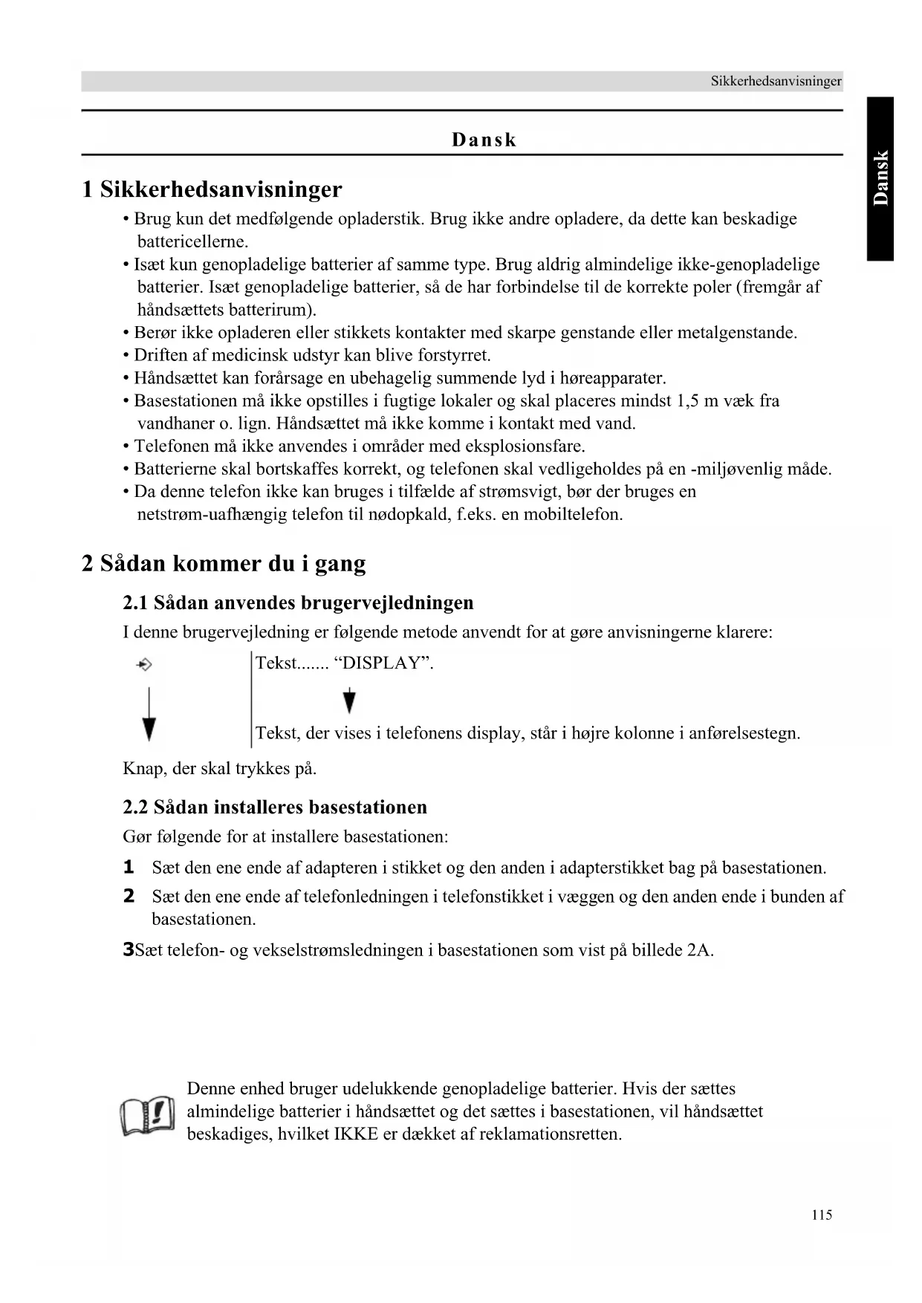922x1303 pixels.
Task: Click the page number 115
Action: [821, 1215]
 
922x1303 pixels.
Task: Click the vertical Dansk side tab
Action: [880, 178]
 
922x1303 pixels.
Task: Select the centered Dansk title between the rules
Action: [484, 140]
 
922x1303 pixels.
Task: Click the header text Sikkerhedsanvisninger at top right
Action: [776, 81]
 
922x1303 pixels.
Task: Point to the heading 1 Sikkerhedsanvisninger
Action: [212, 189]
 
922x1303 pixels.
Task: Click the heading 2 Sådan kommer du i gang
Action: [224, 563]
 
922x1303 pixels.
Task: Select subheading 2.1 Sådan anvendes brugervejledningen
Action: [298, 602]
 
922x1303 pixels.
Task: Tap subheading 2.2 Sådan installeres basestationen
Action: [275, 808]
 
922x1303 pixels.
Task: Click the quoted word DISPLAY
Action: [383, 663]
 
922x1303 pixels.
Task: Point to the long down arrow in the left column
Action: [149, 715]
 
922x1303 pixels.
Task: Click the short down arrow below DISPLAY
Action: [349, 701]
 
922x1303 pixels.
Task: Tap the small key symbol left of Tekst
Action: [144, 664]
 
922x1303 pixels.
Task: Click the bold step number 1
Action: [129, 867]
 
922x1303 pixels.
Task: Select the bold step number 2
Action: [129, 896]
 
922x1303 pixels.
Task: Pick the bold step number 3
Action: [128, 949]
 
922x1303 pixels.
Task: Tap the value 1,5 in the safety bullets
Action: [687, 401]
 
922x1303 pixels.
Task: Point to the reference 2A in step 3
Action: [699, 950]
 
